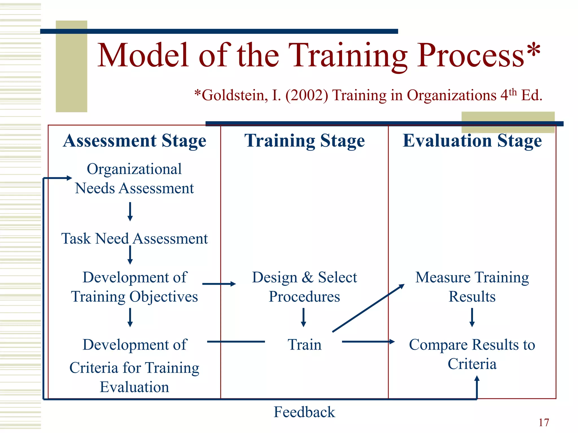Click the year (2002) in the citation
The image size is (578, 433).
pos(306,95)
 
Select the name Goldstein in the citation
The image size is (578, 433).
pos(235,95)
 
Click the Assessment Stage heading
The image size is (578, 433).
pos(135,141)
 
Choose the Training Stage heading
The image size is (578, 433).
pos(305,141)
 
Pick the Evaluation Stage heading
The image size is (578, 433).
pos(472,141)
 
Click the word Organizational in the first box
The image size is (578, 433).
pos(134,169)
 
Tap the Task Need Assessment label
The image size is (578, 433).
pos(135,239)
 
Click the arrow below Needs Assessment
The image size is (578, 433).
pos(130,211)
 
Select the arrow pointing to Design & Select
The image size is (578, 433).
pos(219,284)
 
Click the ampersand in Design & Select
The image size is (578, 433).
pos(307,277)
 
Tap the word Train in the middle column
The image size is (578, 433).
pos(305,345)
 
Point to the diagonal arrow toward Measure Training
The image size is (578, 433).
pos(368,308)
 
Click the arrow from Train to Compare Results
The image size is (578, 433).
pos(368,342)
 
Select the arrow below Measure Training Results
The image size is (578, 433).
pos(472,317)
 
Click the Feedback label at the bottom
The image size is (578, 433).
pos(304,412)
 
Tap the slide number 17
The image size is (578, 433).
pos(544,423)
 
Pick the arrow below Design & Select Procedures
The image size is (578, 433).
pos(303,317)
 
